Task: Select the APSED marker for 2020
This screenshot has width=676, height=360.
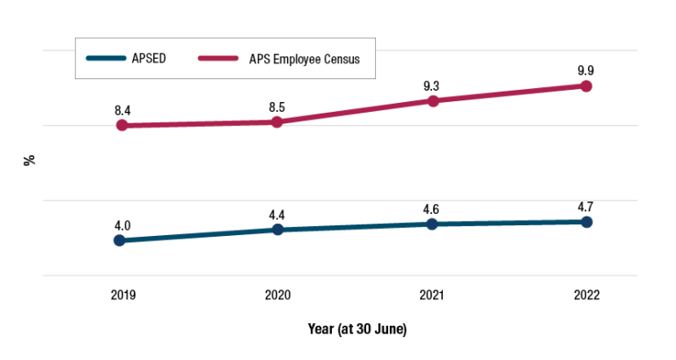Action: (277, 230)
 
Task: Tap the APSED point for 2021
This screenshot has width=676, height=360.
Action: (432, 224)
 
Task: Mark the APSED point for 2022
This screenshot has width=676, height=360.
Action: (587, 222)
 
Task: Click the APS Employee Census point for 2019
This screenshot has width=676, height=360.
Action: (122, 125)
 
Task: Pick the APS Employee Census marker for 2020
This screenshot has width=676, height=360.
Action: (277, 121)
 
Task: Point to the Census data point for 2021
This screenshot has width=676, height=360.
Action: (432, 100)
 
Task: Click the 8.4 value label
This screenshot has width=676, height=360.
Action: (122, 110)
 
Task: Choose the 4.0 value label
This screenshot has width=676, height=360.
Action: (122, 225)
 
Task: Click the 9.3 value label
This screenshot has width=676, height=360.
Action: (432, 85)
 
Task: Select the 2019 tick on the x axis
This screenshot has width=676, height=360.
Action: (122, 295)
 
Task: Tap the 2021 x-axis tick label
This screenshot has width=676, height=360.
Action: (432, 295)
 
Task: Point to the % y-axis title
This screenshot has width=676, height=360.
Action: (30, 160)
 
